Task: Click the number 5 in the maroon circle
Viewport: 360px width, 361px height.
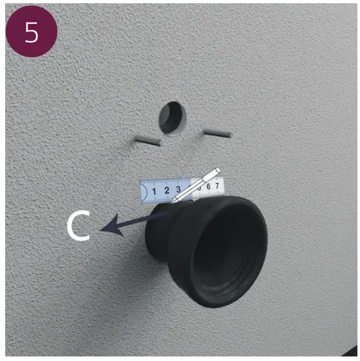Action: coord(31,32)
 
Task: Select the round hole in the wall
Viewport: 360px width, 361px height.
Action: coord(173,118)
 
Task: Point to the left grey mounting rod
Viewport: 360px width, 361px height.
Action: coord(148,140)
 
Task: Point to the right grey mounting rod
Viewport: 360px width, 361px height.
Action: coord(217,133)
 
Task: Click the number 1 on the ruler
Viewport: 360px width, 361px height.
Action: coord(154,192)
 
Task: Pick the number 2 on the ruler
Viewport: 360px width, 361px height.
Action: coord(167,190)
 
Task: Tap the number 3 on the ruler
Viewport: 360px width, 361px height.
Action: coord(178,189)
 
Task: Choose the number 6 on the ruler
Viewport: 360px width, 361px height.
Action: coord(208,186)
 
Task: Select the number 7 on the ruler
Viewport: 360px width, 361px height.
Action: coord(217,185)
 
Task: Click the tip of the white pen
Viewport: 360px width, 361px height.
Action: coord(173,201)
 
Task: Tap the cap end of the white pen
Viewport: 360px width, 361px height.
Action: coord(217,171)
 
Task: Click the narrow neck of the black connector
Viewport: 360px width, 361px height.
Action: coord(159,230)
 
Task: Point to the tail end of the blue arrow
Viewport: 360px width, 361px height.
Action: coord(168,214)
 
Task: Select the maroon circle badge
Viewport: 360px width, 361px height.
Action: coord(31,32)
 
